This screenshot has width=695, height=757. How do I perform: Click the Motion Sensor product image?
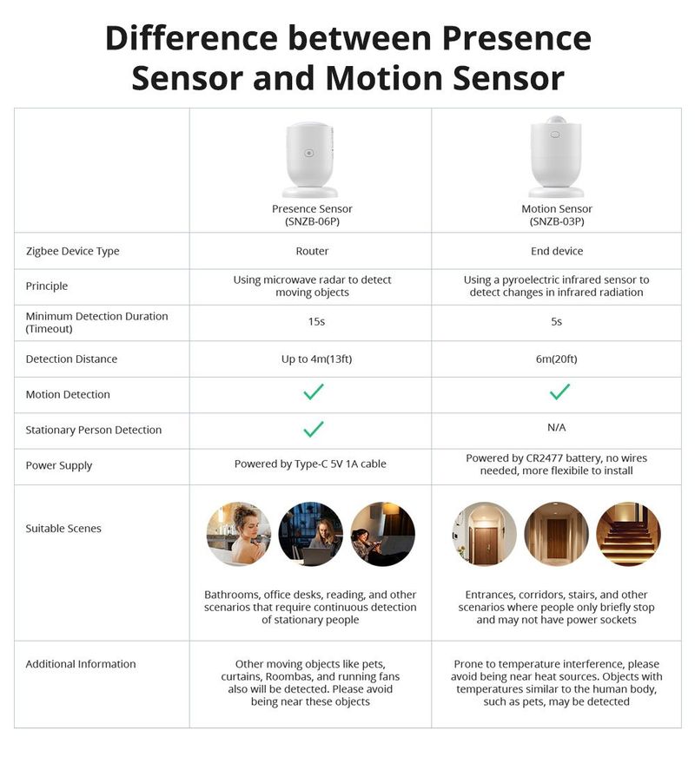pos(557,158)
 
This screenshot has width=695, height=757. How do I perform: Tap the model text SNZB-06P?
pos(312,221)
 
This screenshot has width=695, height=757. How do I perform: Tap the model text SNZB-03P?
pos(557,221)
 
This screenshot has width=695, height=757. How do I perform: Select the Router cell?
pos(312,251)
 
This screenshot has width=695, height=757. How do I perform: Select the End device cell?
pos(557,251)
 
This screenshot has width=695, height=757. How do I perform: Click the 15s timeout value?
pos(312,322)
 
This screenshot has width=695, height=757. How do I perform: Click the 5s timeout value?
pos(557,322)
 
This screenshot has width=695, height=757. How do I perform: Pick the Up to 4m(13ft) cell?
pos(312,359)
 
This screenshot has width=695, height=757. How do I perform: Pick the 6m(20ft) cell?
pos(557,359)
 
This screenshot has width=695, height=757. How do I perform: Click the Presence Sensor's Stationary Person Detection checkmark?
pos(314,429)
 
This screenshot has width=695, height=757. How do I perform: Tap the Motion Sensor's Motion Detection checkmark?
pos(559,392)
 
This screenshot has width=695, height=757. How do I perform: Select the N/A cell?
pos(557,427)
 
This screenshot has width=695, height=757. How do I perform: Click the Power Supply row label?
pos(59,465)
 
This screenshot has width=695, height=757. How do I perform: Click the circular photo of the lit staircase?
pos(629,534)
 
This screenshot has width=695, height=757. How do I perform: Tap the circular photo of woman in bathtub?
pos(239,534)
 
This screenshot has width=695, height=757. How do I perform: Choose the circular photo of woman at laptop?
pos(311,534)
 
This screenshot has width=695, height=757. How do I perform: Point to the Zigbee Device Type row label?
pos(73,251)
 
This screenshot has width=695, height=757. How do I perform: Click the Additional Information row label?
pos(81,664)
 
